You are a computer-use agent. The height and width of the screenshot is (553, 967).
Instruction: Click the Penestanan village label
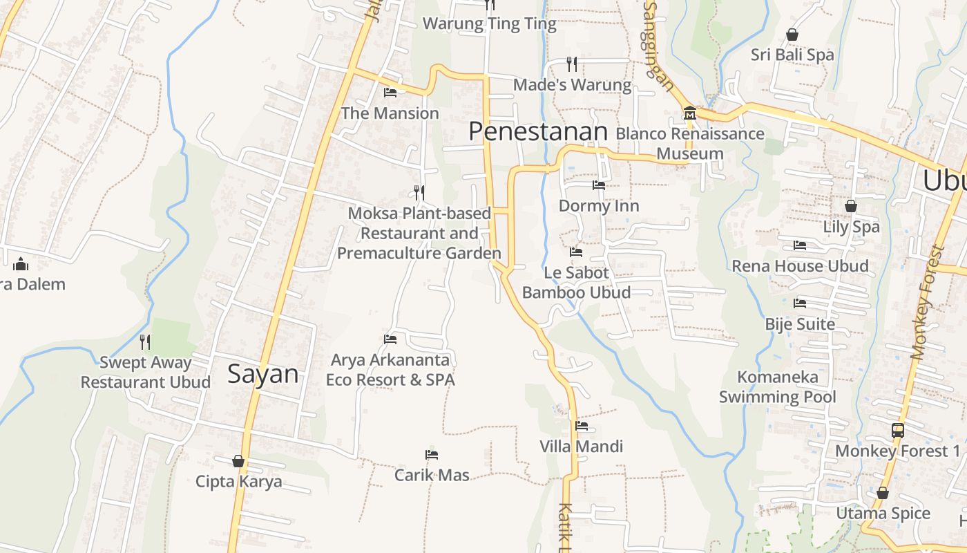tap(538, 131)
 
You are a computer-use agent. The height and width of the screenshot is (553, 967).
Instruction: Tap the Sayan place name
tap(263, 375)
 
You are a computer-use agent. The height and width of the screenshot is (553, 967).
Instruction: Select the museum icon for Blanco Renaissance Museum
tap(689, 113)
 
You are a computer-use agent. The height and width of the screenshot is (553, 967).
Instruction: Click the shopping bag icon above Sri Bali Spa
tap(792, 34)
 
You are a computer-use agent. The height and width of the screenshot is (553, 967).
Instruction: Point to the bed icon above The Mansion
tap(390, 92)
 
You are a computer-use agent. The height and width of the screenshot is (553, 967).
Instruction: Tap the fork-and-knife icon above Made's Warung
tap(572, 64)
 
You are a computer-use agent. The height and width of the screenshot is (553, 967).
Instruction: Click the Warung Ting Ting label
tap(489, 24)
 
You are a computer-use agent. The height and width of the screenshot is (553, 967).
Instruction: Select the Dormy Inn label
tap(599, 206)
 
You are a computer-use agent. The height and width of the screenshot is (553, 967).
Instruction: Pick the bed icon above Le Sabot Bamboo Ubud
tap(576, 252)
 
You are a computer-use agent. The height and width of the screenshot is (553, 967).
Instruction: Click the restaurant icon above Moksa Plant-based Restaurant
tap(419, 191)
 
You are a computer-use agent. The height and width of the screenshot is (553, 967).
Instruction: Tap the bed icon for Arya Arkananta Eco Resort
tap(390, 339)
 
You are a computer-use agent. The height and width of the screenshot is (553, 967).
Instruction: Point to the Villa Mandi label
tap(582, 447)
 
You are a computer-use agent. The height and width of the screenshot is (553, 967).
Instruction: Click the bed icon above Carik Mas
tap(432, 454)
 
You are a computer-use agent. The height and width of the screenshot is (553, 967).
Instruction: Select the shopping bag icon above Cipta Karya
tap(238, 460)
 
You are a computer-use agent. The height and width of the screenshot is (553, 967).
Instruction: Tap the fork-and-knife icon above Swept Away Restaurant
tap(145, 341)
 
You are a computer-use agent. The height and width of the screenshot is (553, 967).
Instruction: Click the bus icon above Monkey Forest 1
tap(898, 430)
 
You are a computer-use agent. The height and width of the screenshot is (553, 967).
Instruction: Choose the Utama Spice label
tap(883, 514)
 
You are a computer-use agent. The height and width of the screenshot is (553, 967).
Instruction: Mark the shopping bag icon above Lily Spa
tap(851, 206)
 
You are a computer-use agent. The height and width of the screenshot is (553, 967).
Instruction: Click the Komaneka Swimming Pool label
tap(778, 386)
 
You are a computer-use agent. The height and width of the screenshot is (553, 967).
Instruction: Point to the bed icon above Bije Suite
tap(800, 303)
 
